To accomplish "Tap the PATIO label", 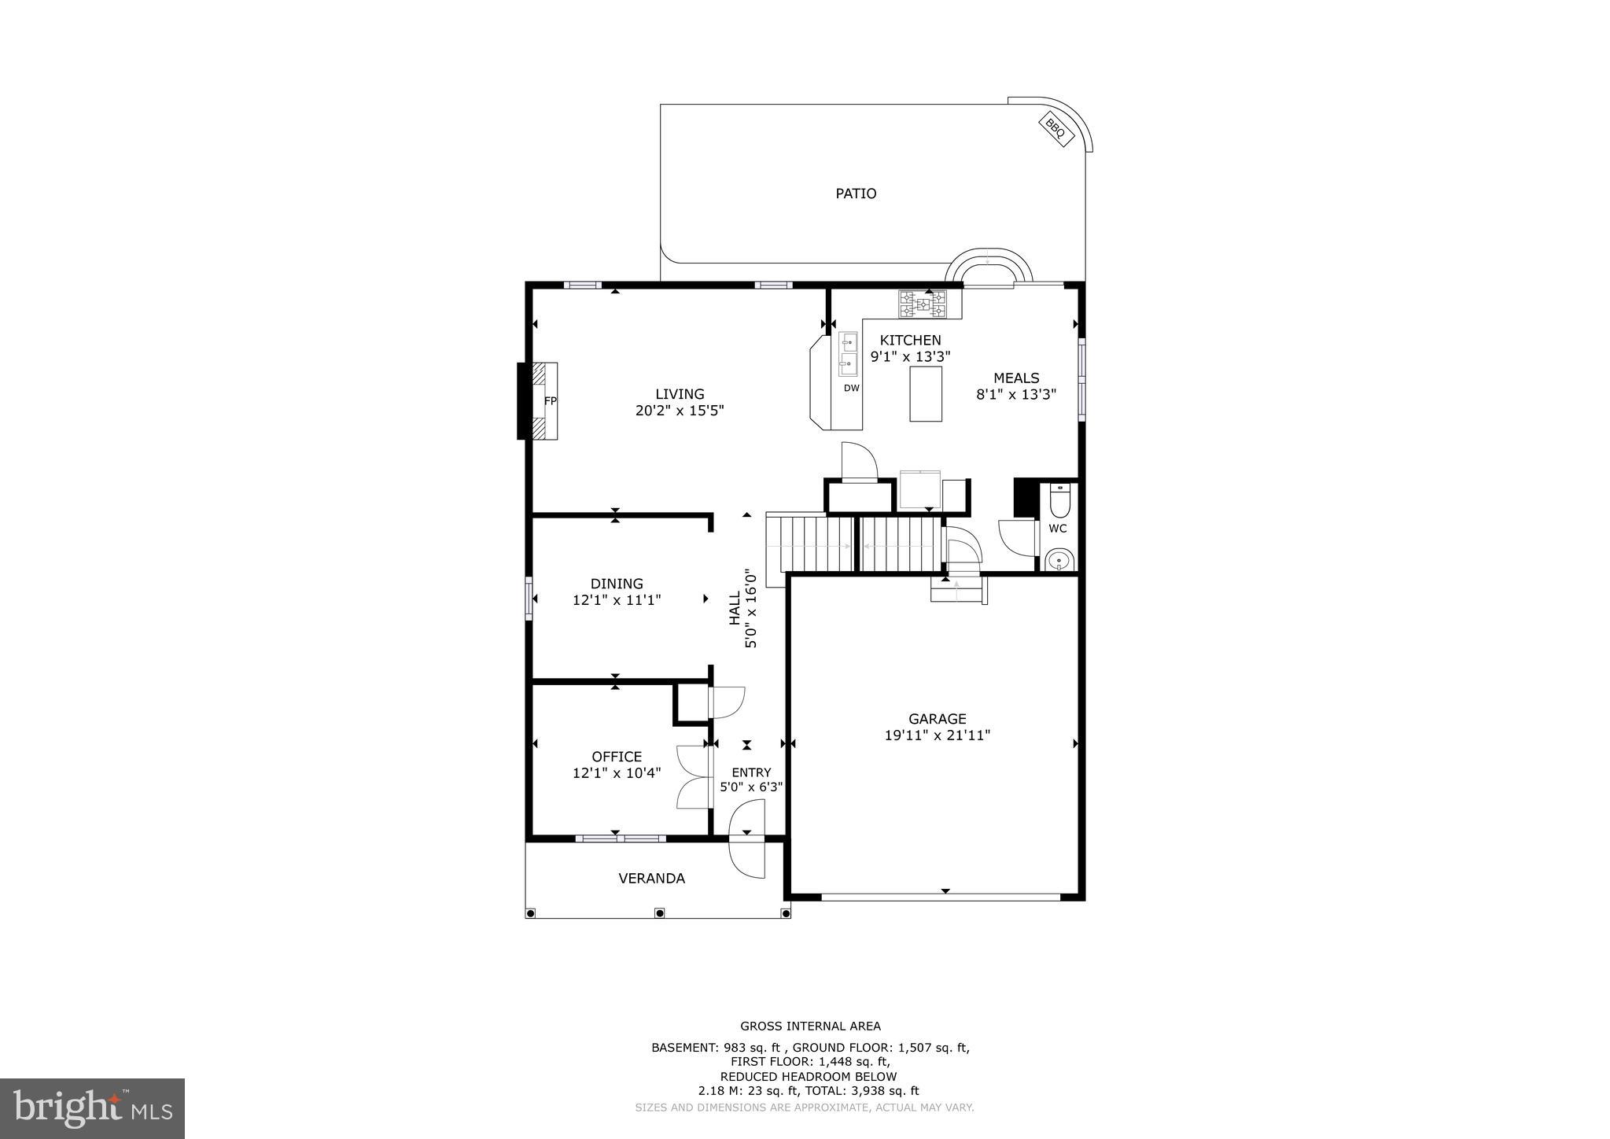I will click(x=856, y=194).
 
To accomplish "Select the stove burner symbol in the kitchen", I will click(x=930, y=304).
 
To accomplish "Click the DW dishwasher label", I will click(x=852, y=388).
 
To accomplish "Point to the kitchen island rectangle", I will click(x=926, y=394).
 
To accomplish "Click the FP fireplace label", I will click(x=551, y=401).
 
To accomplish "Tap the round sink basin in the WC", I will click(x=1059, y=562).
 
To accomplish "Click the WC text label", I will click(x=1058, y=529).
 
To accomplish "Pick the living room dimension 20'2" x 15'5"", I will click(x=680, y=411).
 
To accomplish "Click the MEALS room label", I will click(x=1016, y=378).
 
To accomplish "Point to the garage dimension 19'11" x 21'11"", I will click(x=937, y=735).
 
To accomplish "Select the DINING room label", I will click(x=617, y=584).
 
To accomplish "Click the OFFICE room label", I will click(x=617, y=757).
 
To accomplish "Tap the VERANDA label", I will click(x=651, y=879).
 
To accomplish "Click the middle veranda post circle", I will click(x=659, y=913).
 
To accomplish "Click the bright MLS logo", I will click(x=92, y=1109).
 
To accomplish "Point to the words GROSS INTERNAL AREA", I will click(x=810, y=1026).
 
